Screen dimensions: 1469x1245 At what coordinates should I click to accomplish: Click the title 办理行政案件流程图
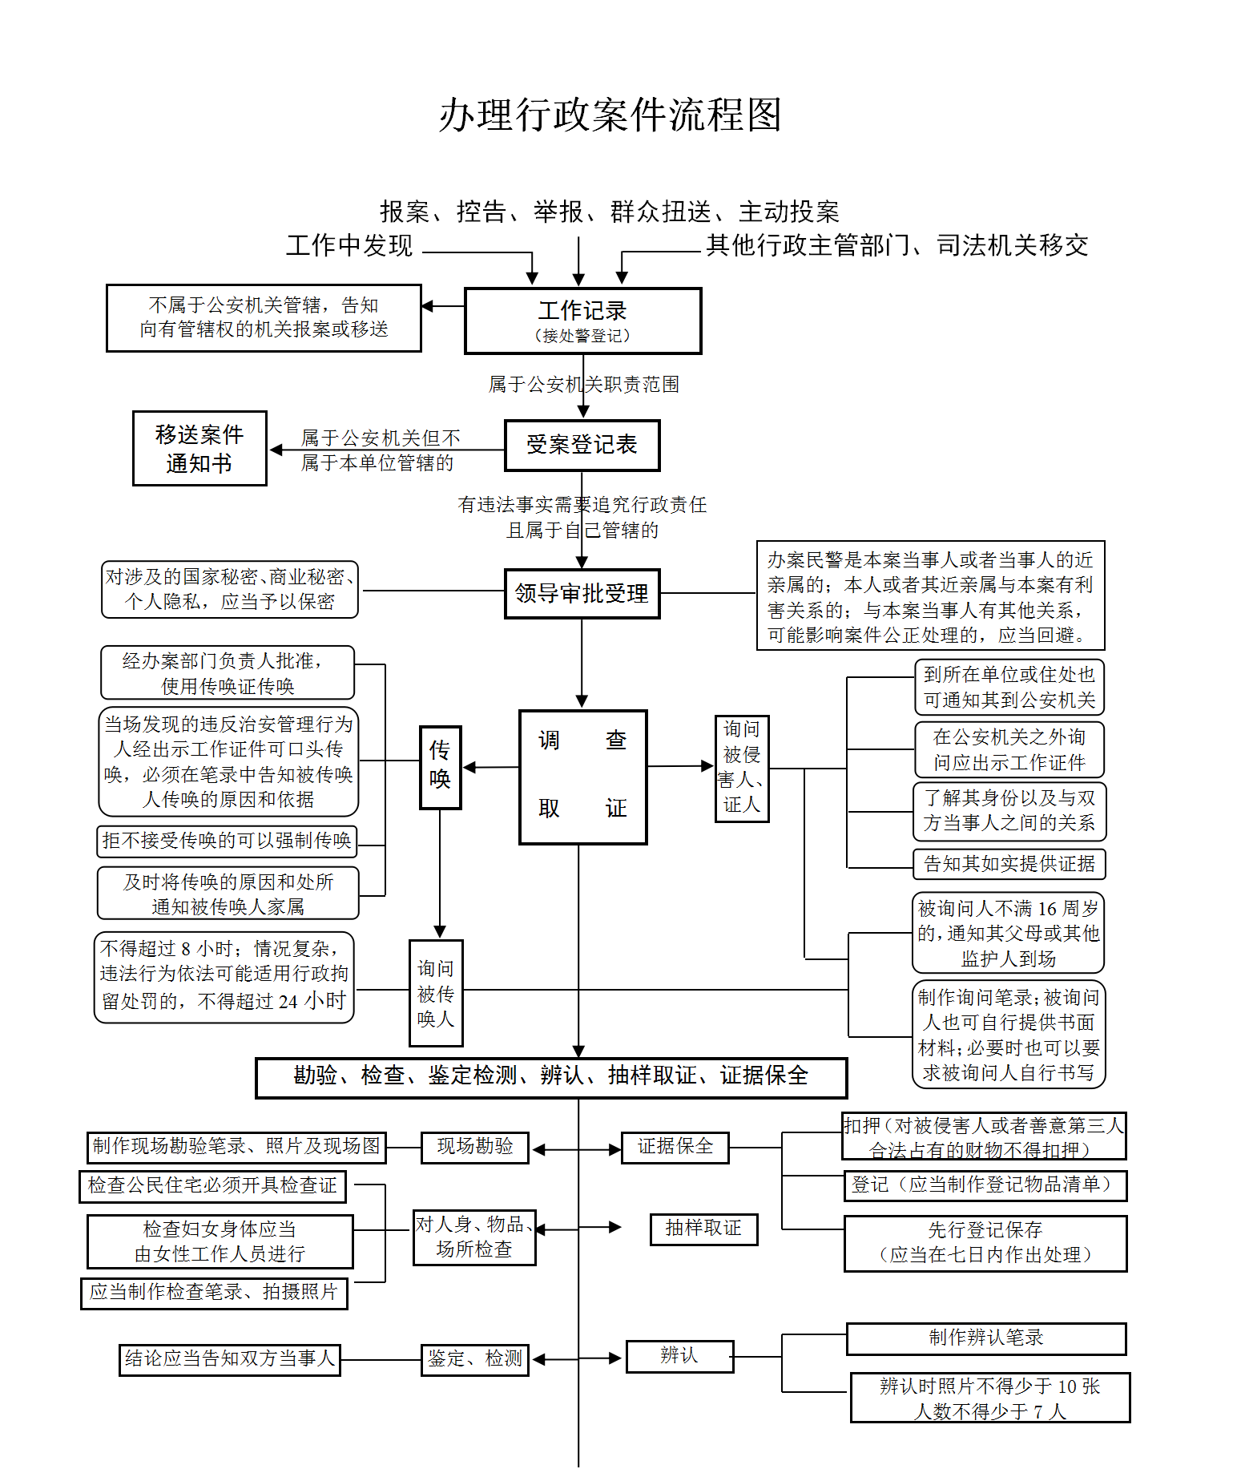[610, 115]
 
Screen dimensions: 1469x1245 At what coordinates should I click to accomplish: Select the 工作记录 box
[582, 321]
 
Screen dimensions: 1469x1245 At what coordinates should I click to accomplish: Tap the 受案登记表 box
[582, 446]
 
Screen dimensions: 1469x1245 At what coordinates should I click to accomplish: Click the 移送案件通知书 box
[199, 449]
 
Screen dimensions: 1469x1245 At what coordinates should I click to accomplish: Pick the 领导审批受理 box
[582, 594]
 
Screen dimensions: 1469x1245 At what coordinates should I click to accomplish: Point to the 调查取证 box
[582, 777]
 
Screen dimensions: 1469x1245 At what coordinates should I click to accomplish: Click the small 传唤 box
[440, 767]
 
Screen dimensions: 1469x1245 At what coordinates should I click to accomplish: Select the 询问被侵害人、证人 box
[742, 769]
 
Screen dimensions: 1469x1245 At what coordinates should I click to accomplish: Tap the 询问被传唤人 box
[436, 993]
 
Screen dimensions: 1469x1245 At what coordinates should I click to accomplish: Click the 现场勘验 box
[474, 1147]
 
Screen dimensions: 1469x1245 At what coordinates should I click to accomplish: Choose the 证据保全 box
[675, 1147]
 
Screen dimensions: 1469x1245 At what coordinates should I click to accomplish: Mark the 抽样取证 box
[703, 1229]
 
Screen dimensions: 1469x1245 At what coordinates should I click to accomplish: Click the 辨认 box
[679, 1356]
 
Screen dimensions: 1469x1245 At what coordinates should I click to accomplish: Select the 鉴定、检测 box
[474, 1359]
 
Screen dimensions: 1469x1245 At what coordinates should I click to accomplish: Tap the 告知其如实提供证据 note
[1009, 864]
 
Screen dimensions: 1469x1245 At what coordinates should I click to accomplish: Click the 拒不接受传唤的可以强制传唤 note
[227, 841]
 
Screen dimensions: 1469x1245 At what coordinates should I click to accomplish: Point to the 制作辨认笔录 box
[985, 1338]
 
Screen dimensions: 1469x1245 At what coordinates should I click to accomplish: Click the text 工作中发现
[349, 245]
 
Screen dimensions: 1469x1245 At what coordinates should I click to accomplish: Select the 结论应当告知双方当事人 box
[229, 1359]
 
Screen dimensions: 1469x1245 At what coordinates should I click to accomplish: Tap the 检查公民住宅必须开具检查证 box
[212, 1186]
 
